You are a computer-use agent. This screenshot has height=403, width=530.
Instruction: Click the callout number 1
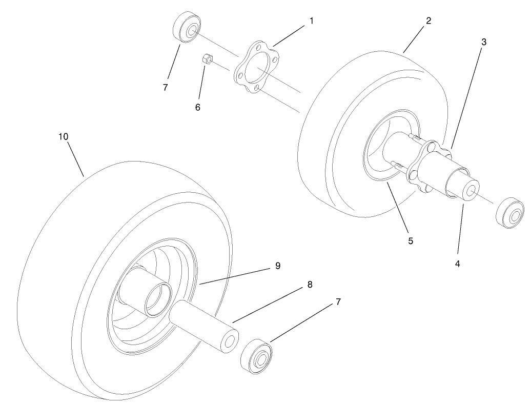pyautogui.click(x=311, y=21)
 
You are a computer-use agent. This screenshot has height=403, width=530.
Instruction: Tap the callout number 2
pyautogui.click(x=429, y=21)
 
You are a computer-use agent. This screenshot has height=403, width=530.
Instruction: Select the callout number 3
pyautogui.click(x=484, y=42)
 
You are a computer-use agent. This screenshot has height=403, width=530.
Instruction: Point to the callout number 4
pyautogui.click(x=457, y=264)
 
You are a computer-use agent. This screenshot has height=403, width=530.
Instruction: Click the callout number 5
pyautogui.click(x=411, y=241)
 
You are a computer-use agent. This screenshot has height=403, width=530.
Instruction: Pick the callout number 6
pyautogui.click(x=198, y=108)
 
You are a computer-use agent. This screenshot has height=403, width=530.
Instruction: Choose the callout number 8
pyautogui.click(x=310, y=285)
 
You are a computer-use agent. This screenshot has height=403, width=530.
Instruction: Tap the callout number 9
pyautogui.click(x=277, y=266)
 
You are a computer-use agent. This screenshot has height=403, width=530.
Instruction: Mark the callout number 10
pyautogui.click(x=63, y=136)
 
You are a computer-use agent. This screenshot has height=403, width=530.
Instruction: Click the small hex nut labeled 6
pyautogui.click(x=207, y=60)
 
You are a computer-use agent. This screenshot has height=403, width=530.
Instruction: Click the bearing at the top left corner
pyautogui.click(x=187, y=27)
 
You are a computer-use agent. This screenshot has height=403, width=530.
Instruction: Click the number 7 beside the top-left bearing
pyautogui.click(x=165, y=88)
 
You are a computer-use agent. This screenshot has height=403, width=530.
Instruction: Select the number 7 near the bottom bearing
pyautogui.click(x=338, y=302)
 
